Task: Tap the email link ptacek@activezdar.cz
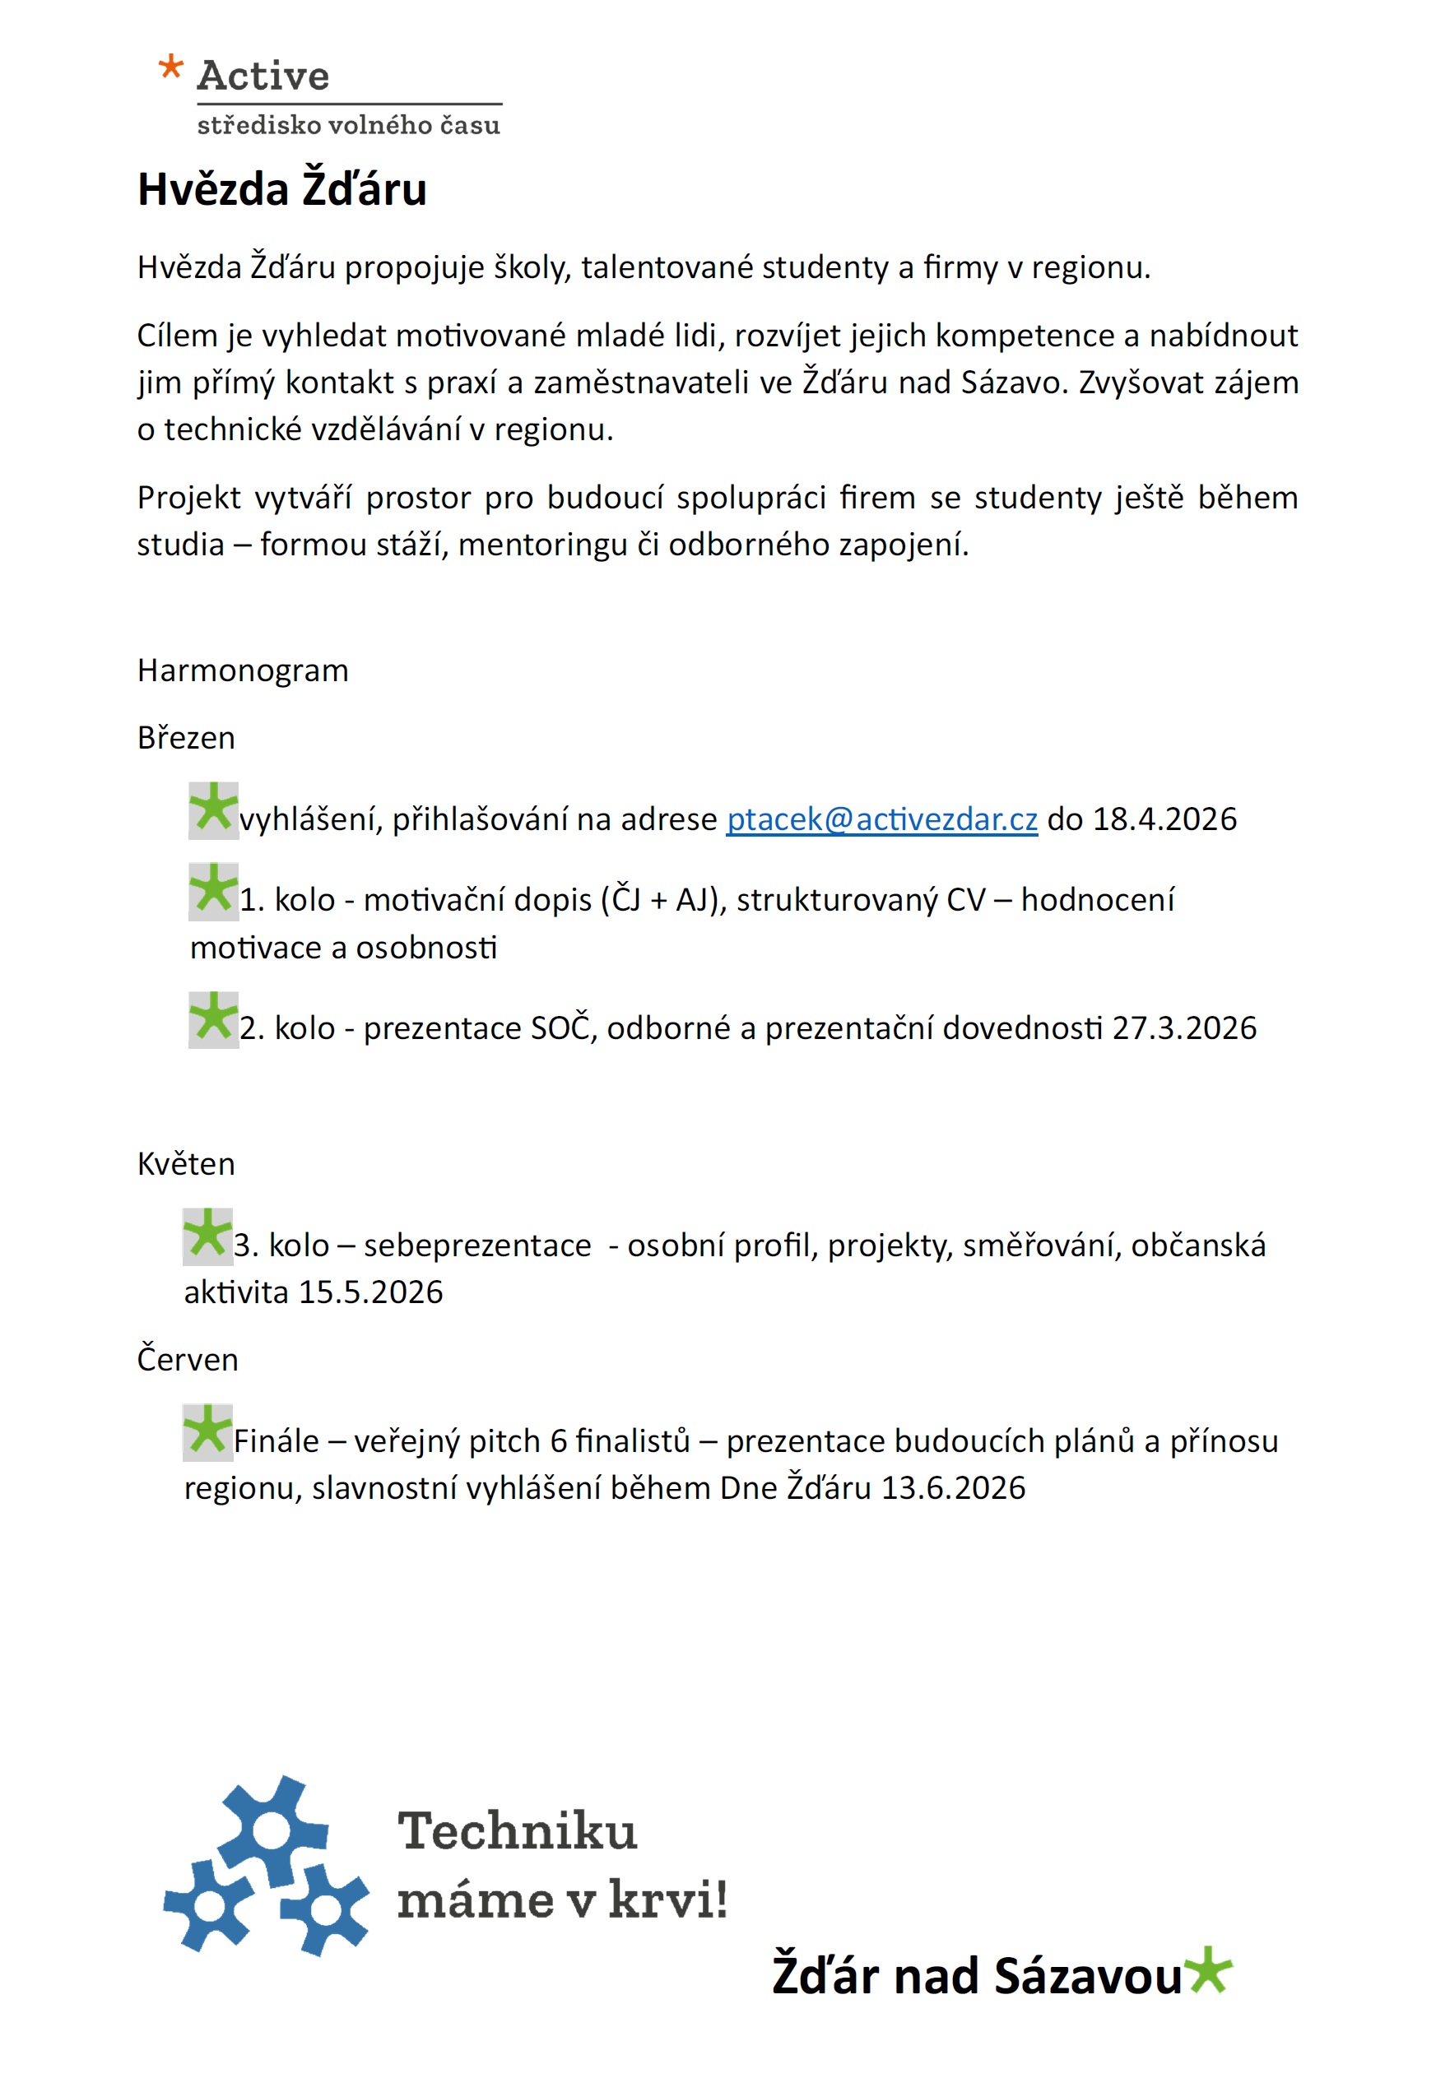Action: (x=881, y=819)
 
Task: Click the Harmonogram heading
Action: (x=242, y=670)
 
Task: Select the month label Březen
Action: (x=185, y=738)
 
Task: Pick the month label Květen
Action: (x=185, y=1164)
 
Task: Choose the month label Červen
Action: (x=188, y=1359)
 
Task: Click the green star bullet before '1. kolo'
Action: (x=213, y=890)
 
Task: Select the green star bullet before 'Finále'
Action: (x=208, y=1431)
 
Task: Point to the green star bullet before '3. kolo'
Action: (x=208, y=1235)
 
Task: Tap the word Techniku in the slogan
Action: (x=517, y=1832)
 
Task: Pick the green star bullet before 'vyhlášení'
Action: (x=213, y=809)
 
